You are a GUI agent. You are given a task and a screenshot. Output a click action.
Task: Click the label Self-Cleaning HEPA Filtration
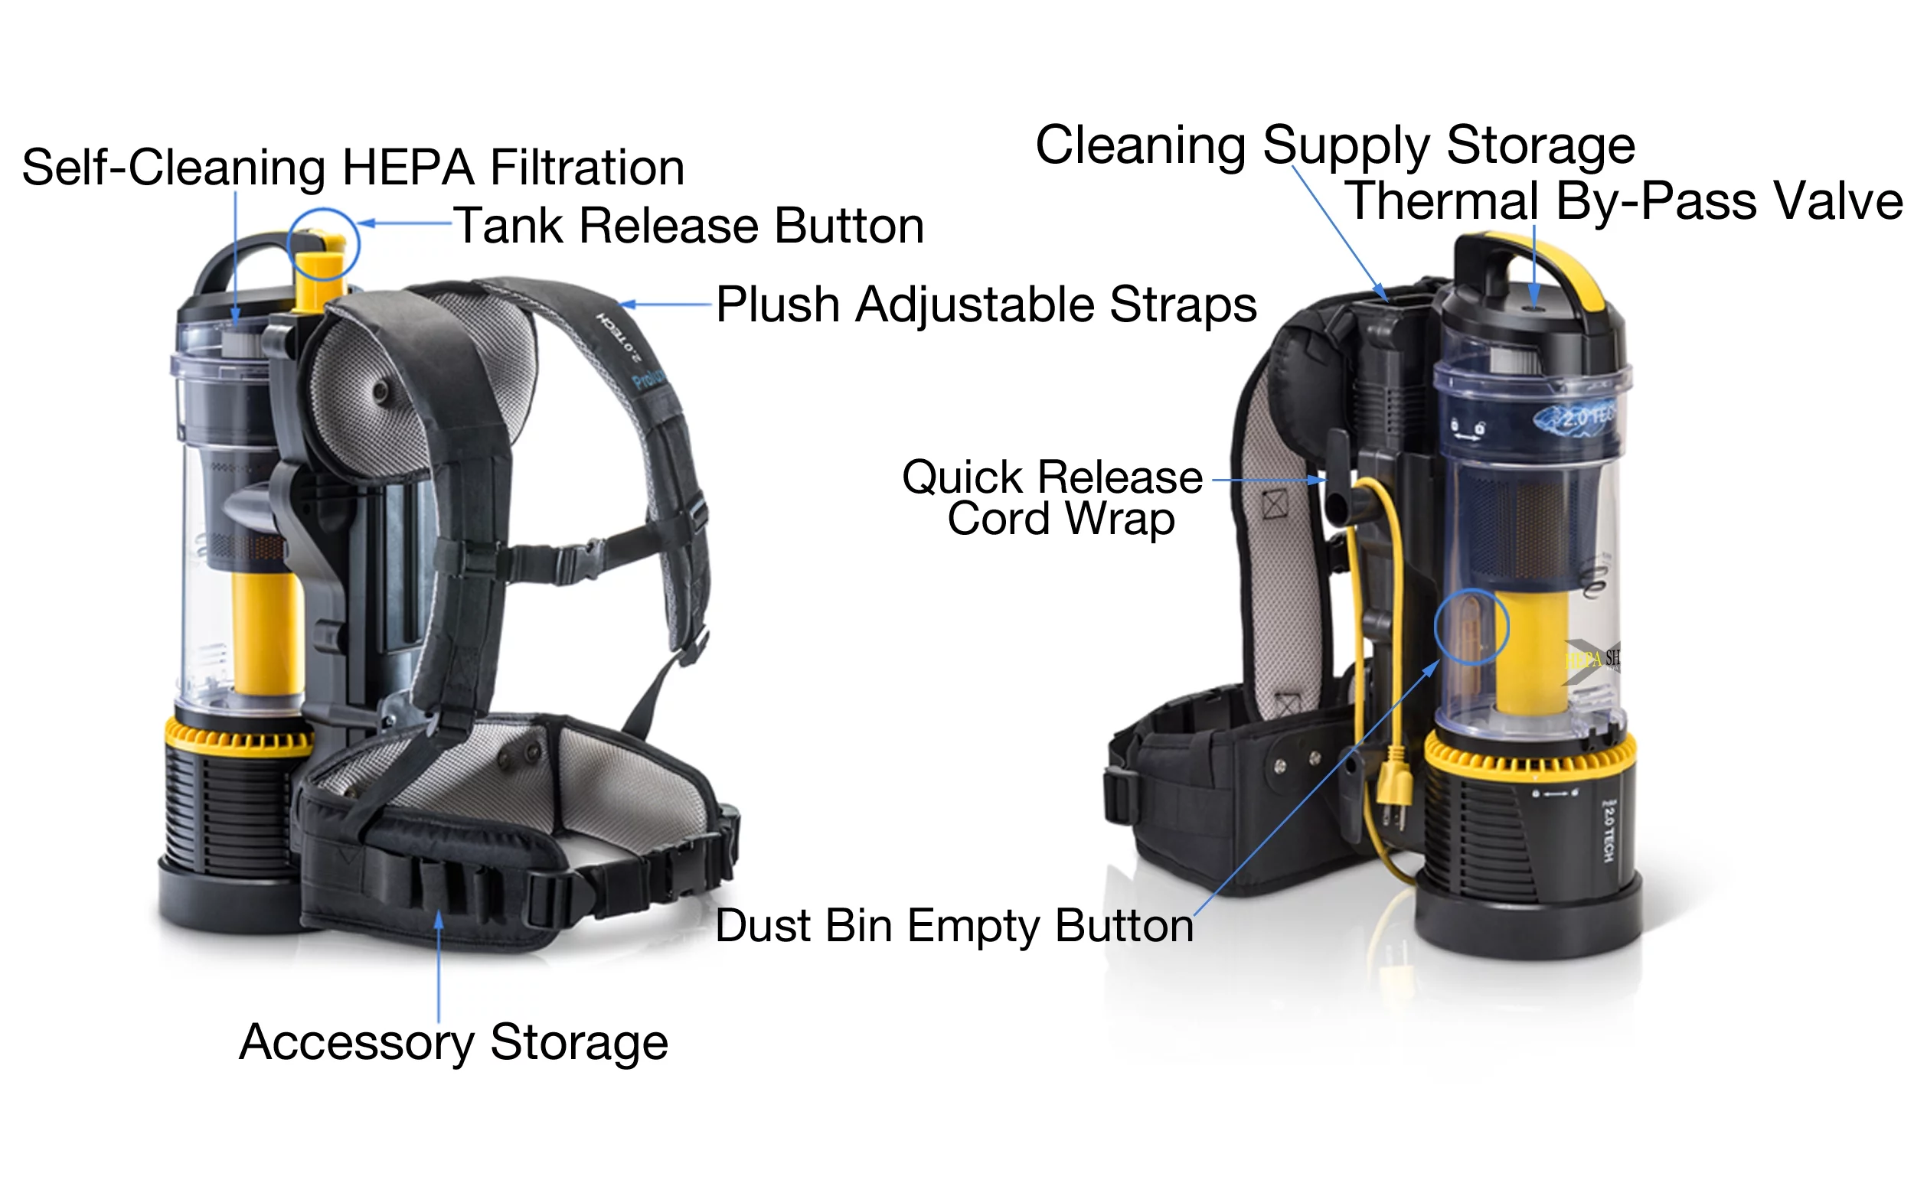point(352,168)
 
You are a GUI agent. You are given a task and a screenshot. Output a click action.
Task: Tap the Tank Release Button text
point(689,226)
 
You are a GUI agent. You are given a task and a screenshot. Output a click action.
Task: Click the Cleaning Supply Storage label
point(1334,145)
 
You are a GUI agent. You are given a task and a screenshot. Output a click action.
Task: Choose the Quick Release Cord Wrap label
point(1053,497)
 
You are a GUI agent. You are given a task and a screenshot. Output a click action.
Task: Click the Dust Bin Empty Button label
point(953,926)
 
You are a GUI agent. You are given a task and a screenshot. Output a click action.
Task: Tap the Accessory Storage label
point(453,1042)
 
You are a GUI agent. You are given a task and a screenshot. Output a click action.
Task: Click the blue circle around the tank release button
point(322,244)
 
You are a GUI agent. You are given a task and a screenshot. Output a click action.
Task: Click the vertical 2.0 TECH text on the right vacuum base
point(1608,833)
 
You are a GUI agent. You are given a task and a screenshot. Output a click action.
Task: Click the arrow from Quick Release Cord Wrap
point(1268,480)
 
